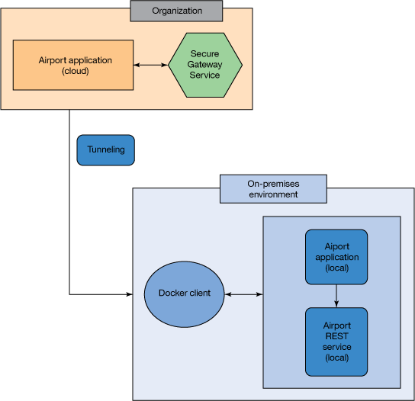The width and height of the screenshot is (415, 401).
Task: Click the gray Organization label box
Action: point(176,11)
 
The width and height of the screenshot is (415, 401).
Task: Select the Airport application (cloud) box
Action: point(73,65)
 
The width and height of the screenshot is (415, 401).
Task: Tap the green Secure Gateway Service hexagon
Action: point(204,65)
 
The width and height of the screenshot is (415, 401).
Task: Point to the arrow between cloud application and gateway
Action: point(150,65)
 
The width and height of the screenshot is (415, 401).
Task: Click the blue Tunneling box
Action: point(105,150)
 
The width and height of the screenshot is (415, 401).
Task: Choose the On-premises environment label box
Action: point(273,189)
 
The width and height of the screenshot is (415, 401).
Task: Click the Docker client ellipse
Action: point(184,294)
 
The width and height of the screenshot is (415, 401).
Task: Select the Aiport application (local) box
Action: point(336,257)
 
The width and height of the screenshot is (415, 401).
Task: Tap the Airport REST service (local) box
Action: point(336,342)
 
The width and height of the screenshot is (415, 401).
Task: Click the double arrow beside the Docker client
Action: point(243,294)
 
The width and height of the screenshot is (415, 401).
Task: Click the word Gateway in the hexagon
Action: point(204,65)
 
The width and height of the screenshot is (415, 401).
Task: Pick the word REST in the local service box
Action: point(336,336)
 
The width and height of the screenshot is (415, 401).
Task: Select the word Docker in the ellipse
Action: point(173,294)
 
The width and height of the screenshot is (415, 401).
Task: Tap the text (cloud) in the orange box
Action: point(75,71)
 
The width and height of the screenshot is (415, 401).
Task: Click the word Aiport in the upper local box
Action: point(336,246)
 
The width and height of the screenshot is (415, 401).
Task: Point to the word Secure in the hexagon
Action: point(204,54)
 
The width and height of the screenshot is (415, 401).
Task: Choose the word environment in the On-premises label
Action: point(273,194)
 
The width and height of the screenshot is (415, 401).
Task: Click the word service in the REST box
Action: point(336,347)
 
